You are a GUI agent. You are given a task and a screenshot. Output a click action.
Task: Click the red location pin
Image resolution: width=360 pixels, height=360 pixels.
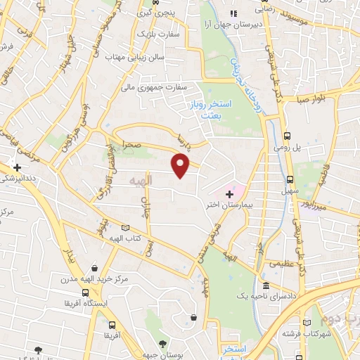(181, 166)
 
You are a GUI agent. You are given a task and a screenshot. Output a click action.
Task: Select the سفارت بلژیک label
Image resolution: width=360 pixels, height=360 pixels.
(153, 33)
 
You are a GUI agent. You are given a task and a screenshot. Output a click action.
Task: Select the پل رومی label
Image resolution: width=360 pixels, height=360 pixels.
(287, 148)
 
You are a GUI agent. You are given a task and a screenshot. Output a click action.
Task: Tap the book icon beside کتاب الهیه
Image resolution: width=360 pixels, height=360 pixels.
(126, 228)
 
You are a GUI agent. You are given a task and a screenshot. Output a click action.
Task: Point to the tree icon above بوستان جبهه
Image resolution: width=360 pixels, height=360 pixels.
(162, 344)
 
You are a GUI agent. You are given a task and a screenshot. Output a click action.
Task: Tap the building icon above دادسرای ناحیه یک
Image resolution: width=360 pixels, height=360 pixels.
(265, 286)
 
